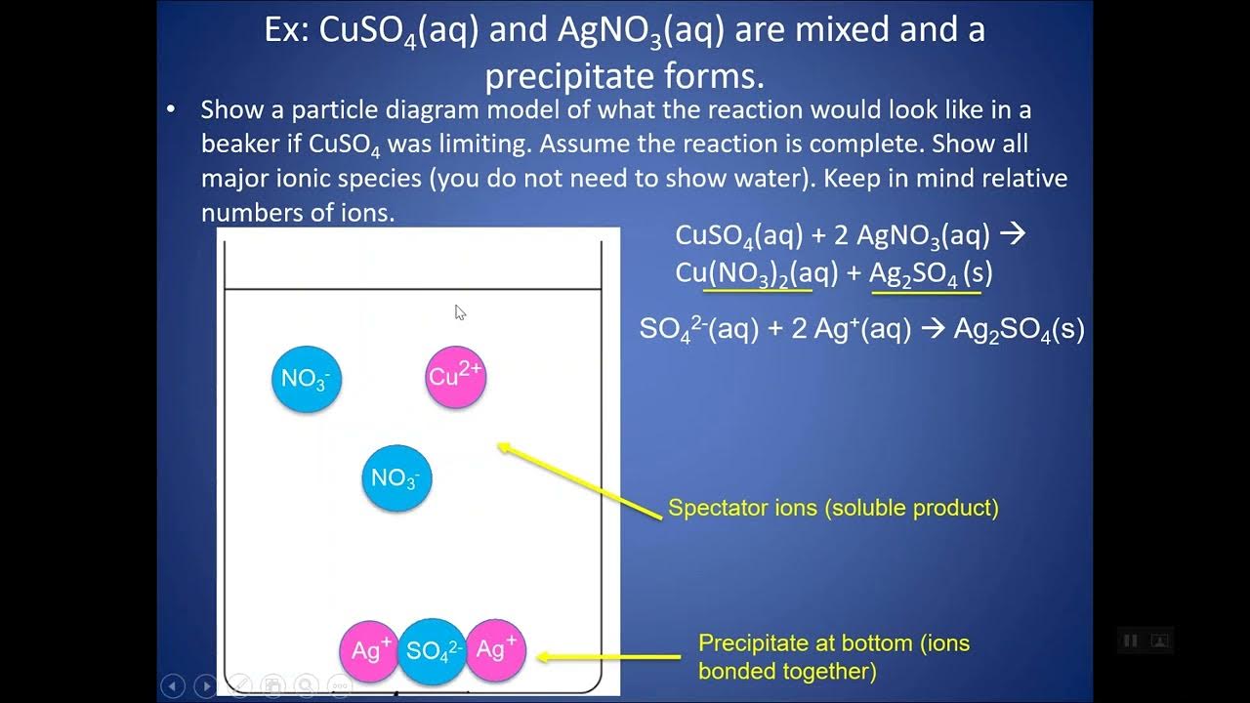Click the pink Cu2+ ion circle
[456, 377]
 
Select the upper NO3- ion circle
[307, 378]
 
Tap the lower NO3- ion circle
[396, 477]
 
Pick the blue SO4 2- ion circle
[433, 650]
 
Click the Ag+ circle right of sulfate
[496, 649]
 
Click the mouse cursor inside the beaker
[460, 312]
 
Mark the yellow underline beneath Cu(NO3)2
[757, 290]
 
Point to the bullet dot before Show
[171, 109]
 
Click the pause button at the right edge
[1131, 641]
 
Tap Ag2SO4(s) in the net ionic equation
[1019, 329]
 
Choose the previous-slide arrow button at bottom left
[172, 686]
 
